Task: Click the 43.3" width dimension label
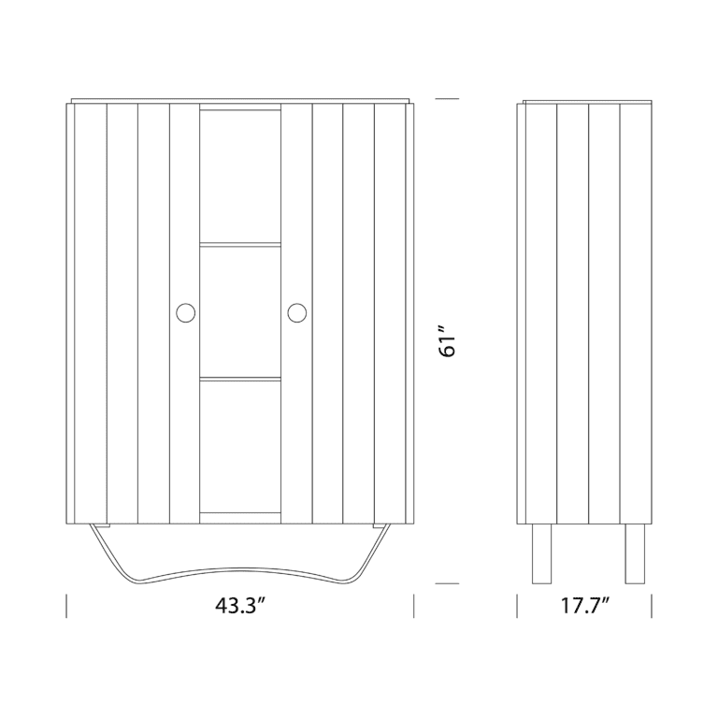pyautogui.click(x=240, y=606)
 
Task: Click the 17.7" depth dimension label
pyautogui.click(x=585, y=606)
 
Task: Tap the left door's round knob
pyautogui.click(x=185, y=312)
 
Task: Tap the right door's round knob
pyautogui.click(x=296, y=312)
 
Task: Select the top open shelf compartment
pyautogui.click(x=240, y=178)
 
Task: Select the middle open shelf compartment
pyautogui.click(x=240, y=310)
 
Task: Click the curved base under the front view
pyautogui.click(x=240, y=573)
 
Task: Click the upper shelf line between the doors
pyautogui.click(x=240, y=245)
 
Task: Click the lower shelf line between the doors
pyautogui.click(x=240, y=378)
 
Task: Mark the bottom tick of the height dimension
pyautogui.click(x=448, y=583)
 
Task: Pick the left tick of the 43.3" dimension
pyautogui.click(x=67, y=606)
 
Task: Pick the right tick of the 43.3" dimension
pyautogui.click(x=414, y=606)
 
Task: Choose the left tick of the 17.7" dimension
pyautogui.click(x=518, y=606)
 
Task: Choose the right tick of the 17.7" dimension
pyautogui.click(x=652, y=606)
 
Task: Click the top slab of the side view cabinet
pyautogui.click(x=585, y=100)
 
